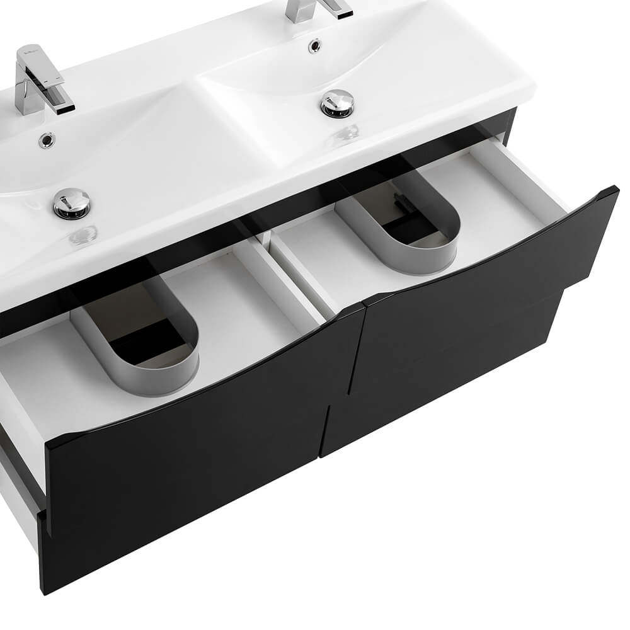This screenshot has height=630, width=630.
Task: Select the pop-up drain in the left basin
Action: [71, 203]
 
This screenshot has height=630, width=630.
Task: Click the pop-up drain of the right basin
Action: [338, 103]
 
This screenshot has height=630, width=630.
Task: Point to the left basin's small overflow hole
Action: [46, 140]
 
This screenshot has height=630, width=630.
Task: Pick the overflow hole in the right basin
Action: [314, 45]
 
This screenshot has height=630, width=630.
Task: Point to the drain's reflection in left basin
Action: [83, 234]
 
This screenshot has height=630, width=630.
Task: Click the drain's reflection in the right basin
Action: [348, 132]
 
